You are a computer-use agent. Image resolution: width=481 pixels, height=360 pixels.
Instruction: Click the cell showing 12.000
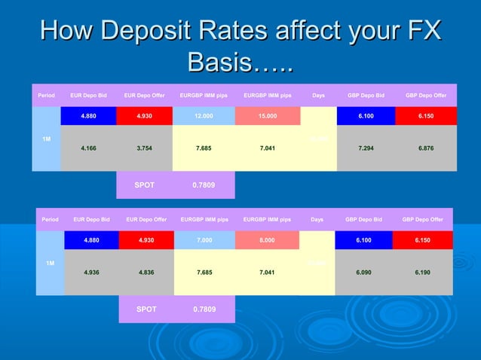click(x=203, y=116)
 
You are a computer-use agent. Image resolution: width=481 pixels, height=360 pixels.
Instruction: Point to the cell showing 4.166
click(x=88, y=148)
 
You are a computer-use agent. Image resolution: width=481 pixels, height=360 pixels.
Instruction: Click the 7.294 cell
click(x=365, y=148)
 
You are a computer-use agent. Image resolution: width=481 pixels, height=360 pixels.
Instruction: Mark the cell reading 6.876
click(x=425, y=148)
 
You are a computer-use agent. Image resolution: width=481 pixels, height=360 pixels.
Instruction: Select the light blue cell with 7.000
click(x=204, y=240)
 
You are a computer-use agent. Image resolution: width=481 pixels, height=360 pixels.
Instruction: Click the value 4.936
click(x=92, y=272)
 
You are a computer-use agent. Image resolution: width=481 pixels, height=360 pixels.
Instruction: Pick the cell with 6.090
click(x=365, y=272)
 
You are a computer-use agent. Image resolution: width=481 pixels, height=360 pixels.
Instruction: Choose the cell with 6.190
click(x=423, y=272)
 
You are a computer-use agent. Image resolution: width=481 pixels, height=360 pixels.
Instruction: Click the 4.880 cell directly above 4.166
click(x=88, y=116)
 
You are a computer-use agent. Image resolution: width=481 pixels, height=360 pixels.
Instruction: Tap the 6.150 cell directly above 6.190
click(x=423, y=240)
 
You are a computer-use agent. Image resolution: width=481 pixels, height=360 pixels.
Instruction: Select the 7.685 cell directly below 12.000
click(x=203, y=148)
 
